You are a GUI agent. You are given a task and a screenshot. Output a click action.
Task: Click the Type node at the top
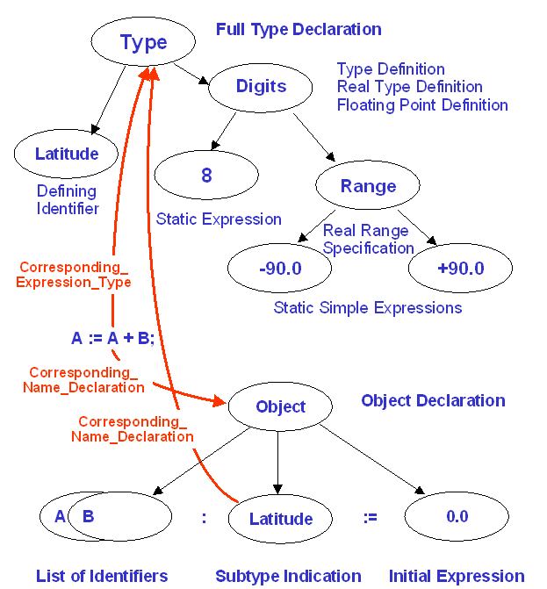pyautogui.click(x=143, y=43)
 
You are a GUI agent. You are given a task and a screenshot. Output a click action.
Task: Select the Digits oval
pyautogui.click(x=261, y=86)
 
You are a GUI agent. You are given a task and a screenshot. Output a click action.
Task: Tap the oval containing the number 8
pyautogui.click(x=206, y=176)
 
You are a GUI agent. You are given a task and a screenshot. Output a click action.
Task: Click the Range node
pyautogui.click(x=368, y=186)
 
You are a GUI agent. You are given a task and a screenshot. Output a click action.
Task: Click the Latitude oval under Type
pyautogui.click(x=67, y=154)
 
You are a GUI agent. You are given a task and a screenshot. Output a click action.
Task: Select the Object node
pyautogui.click(x=280, y=406)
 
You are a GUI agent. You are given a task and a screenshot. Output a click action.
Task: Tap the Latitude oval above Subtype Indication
pyautogui.click(x=280, y=519)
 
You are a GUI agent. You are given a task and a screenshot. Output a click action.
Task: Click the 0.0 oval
pyautogui.click(x=457, y=517)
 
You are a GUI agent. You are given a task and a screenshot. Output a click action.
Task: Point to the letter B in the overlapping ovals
pyautogui.click(x=88, y=516)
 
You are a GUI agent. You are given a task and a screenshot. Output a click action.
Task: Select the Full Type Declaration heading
pyautogui.click(x=299, y=30)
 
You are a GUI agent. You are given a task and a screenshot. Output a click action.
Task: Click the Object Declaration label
pyautogui.click(x=433, y=401)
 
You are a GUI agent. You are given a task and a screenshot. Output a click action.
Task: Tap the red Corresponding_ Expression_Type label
pyautogui.click(x=75, y=274)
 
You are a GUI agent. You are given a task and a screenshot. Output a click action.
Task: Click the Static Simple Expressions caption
pyautogui.click(x=367, y=308)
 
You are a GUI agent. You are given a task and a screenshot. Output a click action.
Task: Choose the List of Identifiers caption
pyautogui.click(x=102, y=576)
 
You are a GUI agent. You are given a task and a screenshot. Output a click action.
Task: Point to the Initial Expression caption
pyautogui.click(x=457, y=576)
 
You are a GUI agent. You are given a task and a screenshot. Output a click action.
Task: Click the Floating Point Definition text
pyautogui.click(x=422, y=105)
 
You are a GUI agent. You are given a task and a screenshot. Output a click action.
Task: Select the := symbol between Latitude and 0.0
pyautogui.click(x=370, y=518)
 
